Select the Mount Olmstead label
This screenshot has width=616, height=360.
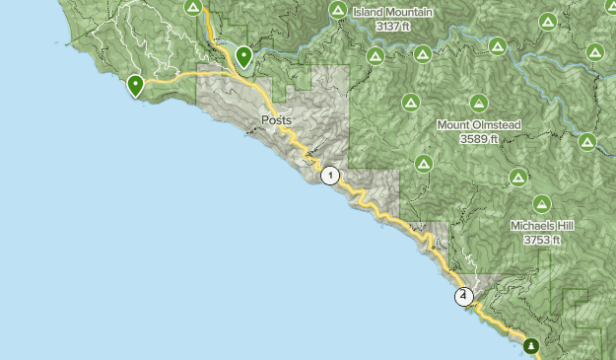[478, 125]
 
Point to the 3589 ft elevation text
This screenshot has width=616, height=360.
[478, 139]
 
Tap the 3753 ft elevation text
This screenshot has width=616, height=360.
[542, 239]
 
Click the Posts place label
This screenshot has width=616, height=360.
[277, 120]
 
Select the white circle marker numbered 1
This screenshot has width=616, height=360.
[329, 177]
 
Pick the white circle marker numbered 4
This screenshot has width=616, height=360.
[463, 295]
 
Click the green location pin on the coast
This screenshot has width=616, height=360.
[135, 86]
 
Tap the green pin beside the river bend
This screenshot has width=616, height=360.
[242, 58]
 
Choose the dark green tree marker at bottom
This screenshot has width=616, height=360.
[532, 345]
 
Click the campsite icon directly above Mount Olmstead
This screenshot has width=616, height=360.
[479, 102]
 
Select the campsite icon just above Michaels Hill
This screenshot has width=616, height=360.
[541, 202]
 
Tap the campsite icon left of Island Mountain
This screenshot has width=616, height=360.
[338, 12]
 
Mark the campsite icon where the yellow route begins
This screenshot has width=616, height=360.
[194, 7]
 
